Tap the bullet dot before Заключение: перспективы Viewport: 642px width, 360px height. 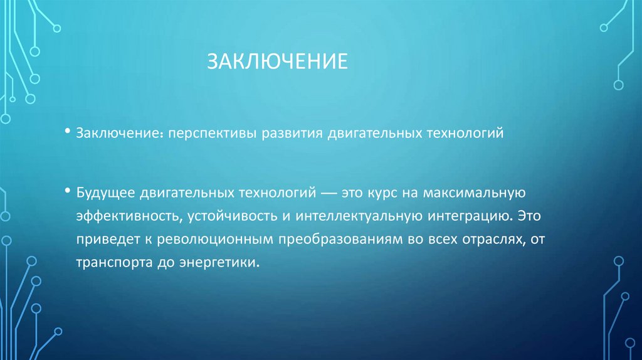pyautogui.click(x=67, y=132)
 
